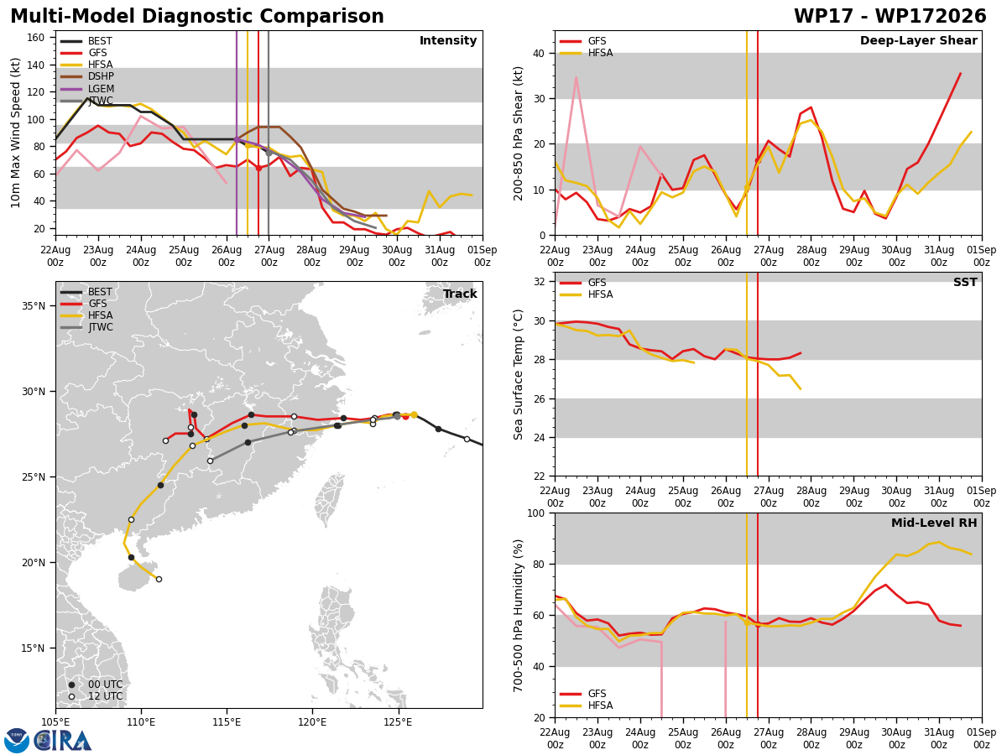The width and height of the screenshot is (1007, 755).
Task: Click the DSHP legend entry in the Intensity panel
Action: coord(86,76)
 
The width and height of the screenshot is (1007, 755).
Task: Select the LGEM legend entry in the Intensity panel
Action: coord(86,88)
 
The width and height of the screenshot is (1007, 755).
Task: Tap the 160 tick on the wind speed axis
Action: coord(36,38)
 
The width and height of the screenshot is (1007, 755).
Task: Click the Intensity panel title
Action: coord(448,40)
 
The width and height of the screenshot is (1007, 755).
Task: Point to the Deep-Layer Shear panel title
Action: coord(918,40)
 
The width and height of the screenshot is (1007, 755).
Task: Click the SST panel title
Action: coord(965,282)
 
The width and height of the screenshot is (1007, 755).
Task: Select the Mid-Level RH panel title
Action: coord(934,523)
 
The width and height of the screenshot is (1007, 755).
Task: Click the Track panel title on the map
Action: coord(460,294)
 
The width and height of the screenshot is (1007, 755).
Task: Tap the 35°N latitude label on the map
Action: coord(34,305)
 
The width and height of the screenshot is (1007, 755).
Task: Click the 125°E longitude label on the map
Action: coord(398,722)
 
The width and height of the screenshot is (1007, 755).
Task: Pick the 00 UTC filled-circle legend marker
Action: coord(71,685)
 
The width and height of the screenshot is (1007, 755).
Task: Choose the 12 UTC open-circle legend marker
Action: coord(71,697)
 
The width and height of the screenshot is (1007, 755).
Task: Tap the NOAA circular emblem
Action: coord(17,741)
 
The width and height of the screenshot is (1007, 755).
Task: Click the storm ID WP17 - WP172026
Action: coord(890,16)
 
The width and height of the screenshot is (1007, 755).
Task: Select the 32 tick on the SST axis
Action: coord(539,282)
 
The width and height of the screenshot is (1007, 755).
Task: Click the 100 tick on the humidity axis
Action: coord(536,513)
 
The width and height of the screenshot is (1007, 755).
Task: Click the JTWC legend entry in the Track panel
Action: coord(86,327)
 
